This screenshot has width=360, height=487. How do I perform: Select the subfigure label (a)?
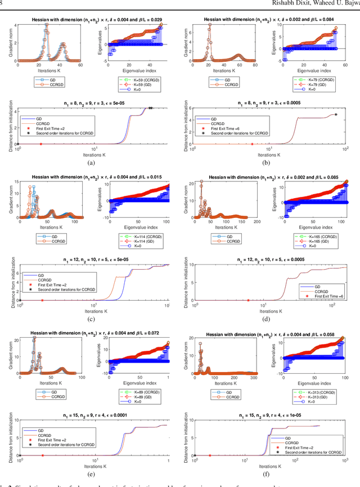point(92,162)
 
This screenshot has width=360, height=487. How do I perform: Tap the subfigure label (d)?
point(268,319)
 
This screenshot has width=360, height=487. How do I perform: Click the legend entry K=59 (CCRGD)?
point(138,78)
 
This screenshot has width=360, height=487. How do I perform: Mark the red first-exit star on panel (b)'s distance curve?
point(252,145)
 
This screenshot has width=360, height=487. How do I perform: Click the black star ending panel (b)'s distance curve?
point(336,114)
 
